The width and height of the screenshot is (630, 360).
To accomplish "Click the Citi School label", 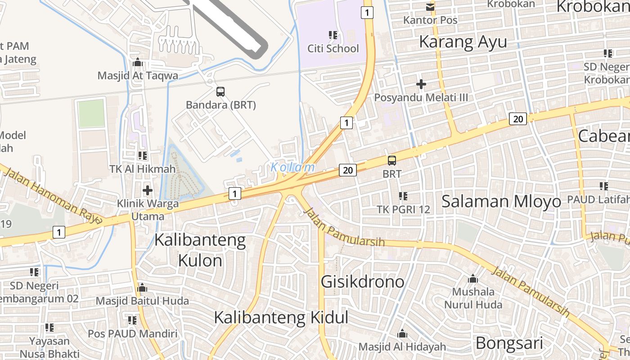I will pos(333,49).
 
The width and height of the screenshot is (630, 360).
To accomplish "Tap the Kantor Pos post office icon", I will pos(430,7).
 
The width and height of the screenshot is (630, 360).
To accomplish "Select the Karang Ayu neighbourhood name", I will pos(463,42).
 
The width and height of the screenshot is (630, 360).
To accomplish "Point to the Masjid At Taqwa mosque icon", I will pos(138,63).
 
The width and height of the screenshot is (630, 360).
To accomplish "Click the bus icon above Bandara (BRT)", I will pos(220,92).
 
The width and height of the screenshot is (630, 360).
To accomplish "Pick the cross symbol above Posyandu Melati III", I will pos(421,84).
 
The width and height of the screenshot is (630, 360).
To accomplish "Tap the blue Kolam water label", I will pos(292,167).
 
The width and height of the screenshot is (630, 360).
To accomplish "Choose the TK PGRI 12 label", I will pos(403,209).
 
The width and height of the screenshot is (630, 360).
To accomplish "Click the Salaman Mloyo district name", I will pos(501,201).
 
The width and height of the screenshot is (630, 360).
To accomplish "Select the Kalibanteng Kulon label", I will pos(200,250).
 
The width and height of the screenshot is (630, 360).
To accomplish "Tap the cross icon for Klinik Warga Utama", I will pos(148,190).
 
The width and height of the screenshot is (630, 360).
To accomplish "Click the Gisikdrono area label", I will pos(362,282).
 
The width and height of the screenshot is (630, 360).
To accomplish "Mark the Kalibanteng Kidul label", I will pos(281,318).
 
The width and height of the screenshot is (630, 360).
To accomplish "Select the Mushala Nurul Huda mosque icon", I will pos(473,279).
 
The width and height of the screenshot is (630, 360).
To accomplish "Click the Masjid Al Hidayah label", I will pos(402,347).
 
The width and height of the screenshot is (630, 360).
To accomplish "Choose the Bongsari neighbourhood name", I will pos(509,343).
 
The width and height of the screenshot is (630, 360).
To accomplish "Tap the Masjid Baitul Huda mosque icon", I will pos(142,288).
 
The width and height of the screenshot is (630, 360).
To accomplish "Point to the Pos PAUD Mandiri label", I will pos(132,334).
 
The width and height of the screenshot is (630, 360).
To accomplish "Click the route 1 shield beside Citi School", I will pos(368,13).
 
